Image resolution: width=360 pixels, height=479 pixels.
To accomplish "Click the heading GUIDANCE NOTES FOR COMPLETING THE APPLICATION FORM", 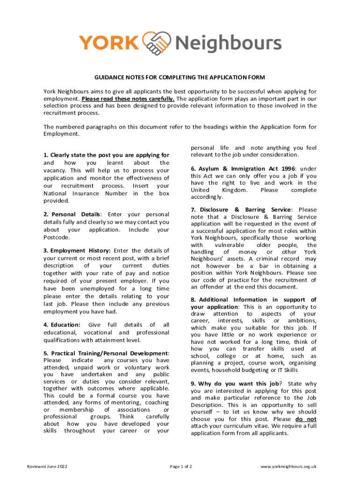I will coord(180,77).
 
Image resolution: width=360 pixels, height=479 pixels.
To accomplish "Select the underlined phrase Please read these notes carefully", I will coord(128,99).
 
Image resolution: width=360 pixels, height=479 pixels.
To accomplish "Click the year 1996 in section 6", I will coord(288,169).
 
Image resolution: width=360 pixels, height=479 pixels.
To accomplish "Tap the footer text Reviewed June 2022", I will coord(47,466).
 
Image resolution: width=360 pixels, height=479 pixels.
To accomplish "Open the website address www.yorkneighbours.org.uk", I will coord(288,466).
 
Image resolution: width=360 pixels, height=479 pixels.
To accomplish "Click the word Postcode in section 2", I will coord(56,237).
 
